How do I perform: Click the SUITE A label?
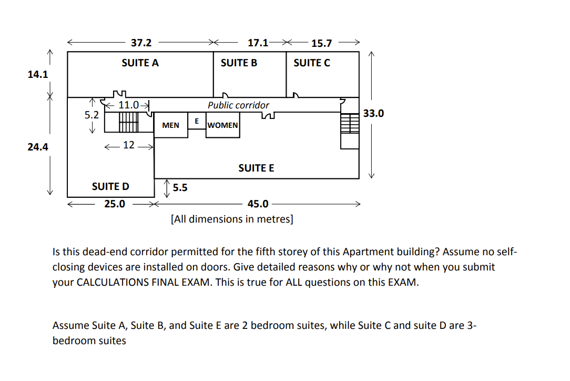140,63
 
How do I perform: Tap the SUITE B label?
239,63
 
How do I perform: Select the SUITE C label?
312,63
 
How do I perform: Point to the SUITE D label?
110,187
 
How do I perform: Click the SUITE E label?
256,168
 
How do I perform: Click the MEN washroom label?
170,125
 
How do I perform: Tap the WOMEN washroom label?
223,125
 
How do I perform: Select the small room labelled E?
197,121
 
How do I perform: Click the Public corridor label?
239,105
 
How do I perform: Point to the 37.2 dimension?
141,43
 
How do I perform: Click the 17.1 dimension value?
258,43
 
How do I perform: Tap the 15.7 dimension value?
322,43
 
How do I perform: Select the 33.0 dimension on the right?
374,113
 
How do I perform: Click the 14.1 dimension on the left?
38,74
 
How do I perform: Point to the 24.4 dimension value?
38,147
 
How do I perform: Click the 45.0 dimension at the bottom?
258,204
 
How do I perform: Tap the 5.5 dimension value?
180,188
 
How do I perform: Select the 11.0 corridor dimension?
129,105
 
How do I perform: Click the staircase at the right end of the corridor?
350,123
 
